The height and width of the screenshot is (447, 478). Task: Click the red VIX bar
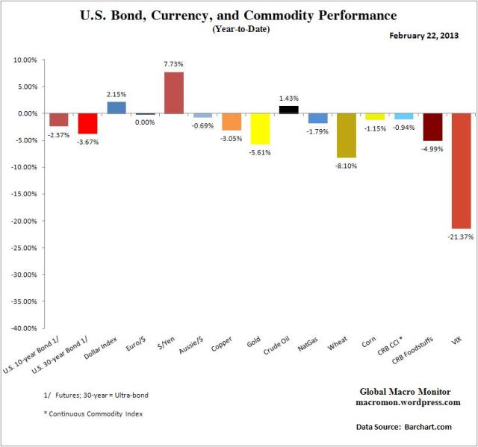pos(461,171)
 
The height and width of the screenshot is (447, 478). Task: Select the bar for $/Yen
pos(173,93)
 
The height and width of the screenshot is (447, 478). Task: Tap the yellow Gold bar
pos(260,128)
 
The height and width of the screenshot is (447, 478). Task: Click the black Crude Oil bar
pos(288,110)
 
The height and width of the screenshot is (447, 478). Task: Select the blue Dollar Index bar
pos(117,107)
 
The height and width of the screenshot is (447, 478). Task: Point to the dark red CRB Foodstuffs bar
pos(432,127)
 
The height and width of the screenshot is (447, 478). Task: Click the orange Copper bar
pos(232,122)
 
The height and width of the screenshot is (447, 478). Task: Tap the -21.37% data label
pos(461,237)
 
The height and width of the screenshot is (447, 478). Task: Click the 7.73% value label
pos(173,65)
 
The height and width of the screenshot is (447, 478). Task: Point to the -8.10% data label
pos(346,166)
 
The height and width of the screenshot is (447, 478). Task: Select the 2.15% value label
pos(117,95)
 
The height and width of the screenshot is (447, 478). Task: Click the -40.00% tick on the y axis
pos(25,328)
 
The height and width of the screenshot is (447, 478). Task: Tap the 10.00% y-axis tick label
pos(26,60)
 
